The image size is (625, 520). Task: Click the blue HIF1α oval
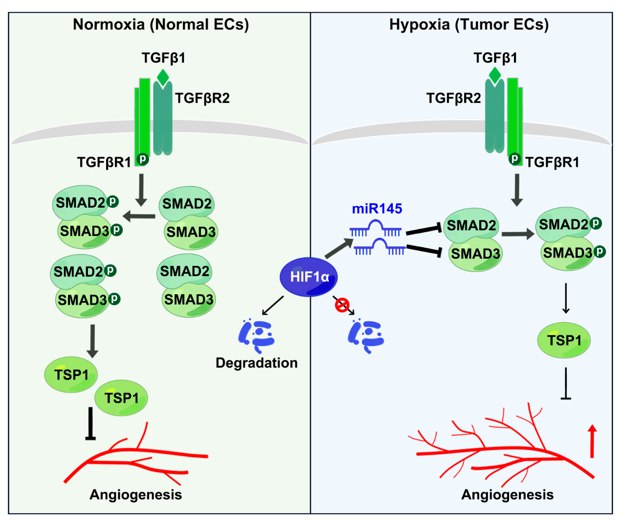pos(309,277)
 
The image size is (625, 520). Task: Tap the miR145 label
pos(377,209)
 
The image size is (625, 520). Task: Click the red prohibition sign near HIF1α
pos(342,305)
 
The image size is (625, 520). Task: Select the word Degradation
pos(257,363)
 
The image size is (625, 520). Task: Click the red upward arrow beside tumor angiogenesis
pos(592,441)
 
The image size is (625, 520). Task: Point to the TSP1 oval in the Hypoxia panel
pos(564,340)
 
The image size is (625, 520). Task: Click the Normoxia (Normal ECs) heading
pos(161,24)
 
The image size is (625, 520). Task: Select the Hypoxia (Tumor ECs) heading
pos(469,24)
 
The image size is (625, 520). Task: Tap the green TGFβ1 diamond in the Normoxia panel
pos(163,78)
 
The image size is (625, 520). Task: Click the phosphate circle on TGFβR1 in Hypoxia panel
pos(515,158)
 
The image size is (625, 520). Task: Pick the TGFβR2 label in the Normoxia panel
pos(202,98)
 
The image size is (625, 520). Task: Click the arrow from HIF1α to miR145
pos(339,248)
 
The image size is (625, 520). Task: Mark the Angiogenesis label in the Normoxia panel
pos(135,495)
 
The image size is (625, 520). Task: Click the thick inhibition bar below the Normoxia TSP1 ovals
pos(90,424)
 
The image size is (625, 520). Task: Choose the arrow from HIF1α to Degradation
pos(272,306)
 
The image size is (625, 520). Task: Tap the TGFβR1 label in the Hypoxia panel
pos(552,162)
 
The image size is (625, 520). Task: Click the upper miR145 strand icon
pos(376,228)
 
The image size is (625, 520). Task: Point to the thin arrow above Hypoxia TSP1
pos(566,298)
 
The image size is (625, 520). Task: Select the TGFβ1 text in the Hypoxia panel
pos(495,58)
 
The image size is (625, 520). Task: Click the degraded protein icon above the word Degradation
pos(257,335)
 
